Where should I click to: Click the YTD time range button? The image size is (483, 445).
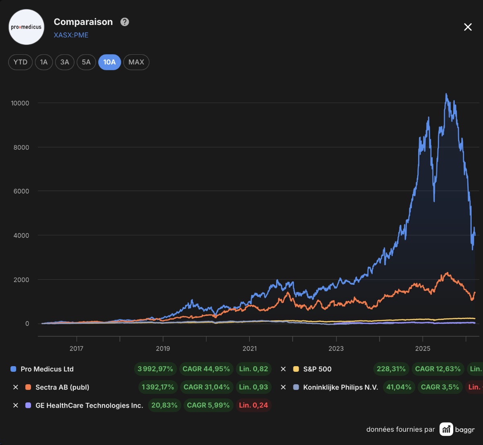(20, 62)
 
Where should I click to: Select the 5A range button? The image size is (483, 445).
(86, 62)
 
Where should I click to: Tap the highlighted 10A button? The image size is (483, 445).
(109, 62)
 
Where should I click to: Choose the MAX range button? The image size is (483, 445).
(136, 62)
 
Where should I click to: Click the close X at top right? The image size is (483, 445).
(468, 27)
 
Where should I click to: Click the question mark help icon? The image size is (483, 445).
(124, 22)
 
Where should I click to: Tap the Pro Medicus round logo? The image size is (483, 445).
(26, 27)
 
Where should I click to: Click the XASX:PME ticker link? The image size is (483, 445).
(71, 35)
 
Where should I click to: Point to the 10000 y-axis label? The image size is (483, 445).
(20, 103)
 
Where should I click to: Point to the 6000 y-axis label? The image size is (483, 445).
(21, 191)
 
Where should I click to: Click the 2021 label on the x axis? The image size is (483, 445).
(250, 348)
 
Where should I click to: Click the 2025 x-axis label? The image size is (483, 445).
(423, 348)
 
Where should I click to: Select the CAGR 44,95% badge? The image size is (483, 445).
(206, 369)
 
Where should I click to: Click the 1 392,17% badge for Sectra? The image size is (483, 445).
(158, 387)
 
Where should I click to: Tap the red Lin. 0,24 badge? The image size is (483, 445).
(253, 405)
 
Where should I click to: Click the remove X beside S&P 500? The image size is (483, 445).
(283, 369)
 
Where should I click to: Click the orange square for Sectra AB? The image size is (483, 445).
(28, 387)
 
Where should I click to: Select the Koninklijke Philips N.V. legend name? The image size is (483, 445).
(341, 387)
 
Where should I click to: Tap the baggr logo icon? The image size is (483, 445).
(446, 429)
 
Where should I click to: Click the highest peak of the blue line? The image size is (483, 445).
(446, 94)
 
